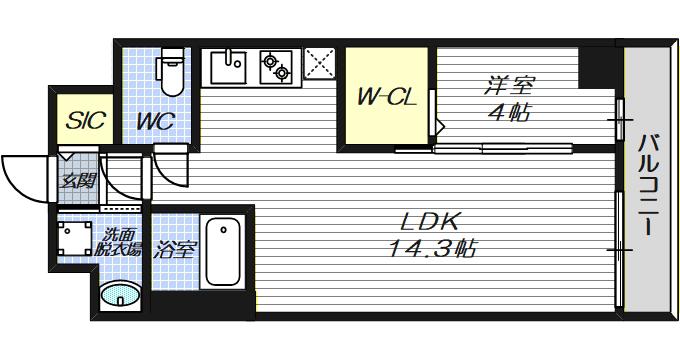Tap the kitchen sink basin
(x=228, y=67)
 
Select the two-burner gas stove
(x=275, y=67)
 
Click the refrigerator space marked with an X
(x=320, y=64)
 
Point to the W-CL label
(x=386, y=98)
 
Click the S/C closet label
(x=85, y=120)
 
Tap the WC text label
(x=156, y=121)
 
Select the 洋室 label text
(x=509, y=86)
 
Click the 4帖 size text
(x=509, y=113)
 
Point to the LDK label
(x=429, y=223)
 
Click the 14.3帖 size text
(x=433, y=249)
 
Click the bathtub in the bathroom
(x=223, y=252)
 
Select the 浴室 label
(x=175, y=250)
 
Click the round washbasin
(x=120, y=295)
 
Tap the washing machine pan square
(x=75, y=238)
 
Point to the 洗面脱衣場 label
(x=118, y=242)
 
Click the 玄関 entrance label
(x=78, y=181)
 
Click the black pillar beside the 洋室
(x=597, y=68)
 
